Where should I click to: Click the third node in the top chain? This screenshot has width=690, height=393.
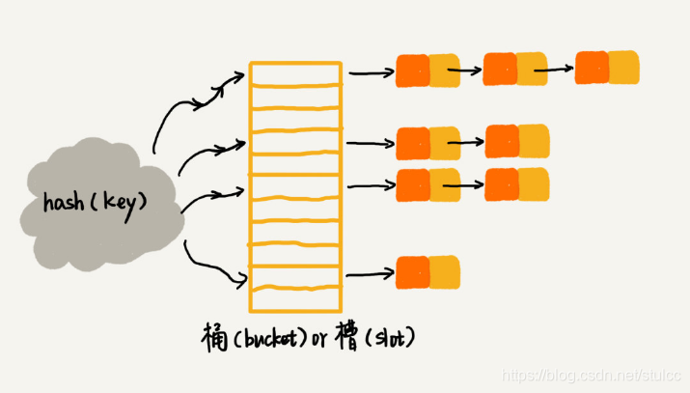point(607,68)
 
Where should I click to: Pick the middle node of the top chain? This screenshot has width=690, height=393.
point(516,70)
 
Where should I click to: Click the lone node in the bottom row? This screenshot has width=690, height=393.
point(428,271)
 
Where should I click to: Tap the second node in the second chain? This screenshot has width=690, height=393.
point(517,142)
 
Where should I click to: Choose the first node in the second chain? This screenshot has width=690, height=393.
point(428,143)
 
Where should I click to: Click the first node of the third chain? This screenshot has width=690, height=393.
point(428,184)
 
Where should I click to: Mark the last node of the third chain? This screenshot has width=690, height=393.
point(517,183)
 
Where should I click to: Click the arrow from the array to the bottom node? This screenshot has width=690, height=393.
point(370,275)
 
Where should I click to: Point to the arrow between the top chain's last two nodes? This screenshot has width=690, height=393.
point(554,69)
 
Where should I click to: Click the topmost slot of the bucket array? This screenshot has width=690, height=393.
point(295,74)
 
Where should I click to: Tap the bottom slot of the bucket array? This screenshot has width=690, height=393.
point(295,299)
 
